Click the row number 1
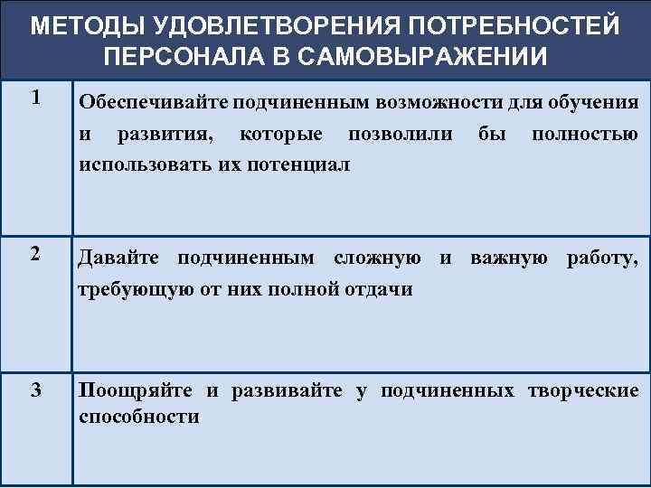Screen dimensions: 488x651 (x=35, y=98)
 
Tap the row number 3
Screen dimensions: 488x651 (x=35, y=390)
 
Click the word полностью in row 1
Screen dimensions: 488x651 (x=586, y=135)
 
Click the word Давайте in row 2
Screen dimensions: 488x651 (x=120, y=258)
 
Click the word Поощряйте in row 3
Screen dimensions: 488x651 (x=136, y=390)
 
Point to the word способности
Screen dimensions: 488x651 (x=139, y=417)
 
